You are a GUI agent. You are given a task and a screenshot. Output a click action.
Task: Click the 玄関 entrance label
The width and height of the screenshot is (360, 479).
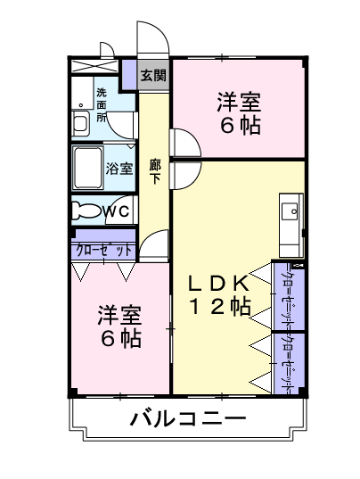click(x=153, y=75)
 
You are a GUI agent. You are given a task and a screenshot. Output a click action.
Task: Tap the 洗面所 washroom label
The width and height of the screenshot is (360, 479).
click(x=102, y=104)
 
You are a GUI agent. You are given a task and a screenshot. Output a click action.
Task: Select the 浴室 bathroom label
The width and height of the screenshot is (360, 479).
click(x=119, y=169)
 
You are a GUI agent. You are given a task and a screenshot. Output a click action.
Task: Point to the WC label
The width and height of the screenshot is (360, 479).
click(x=117, y=211)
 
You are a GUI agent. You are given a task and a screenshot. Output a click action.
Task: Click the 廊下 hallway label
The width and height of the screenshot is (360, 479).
click(x=155, y=171)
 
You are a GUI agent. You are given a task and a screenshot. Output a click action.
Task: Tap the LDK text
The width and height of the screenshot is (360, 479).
click(x=218, y=283)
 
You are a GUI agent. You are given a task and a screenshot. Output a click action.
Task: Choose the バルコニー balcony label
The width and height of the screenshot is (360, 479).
click(x=188, y=418)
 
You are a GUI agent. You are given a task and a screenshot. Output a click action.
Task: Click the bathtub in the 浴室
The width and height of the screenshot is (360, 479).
click(x=87, y=168)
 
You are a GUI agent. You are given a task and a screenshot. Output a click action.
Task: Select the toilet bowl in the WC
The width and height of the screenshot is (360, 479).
click(x=86, y=211)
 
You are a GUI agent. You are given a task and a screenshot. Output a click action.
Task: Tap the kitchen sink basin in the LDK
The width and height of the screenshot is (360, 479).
click(x=290, y=211)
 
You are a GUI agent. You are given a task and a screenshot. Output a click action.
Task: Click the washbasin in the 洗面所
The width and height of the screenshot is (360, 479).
click(x=80, y=123)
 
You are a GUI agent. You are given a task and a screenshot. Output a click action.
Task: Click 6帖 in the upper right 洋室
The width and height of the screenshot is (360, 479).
click(x=241, y=126)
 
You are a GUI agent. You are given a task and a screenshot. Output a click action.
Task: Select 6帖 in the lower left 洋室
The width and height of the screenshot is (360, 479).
click(x=121, y=338)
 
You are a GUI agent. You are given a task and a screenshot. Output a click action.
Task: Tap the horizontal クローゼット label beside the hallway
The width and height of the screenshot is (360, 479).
click(x=103, y=251)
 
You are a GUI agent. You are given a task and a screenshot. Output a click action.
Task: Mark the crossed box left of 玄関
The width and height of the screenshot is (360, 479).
click(x=94, y=66)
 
